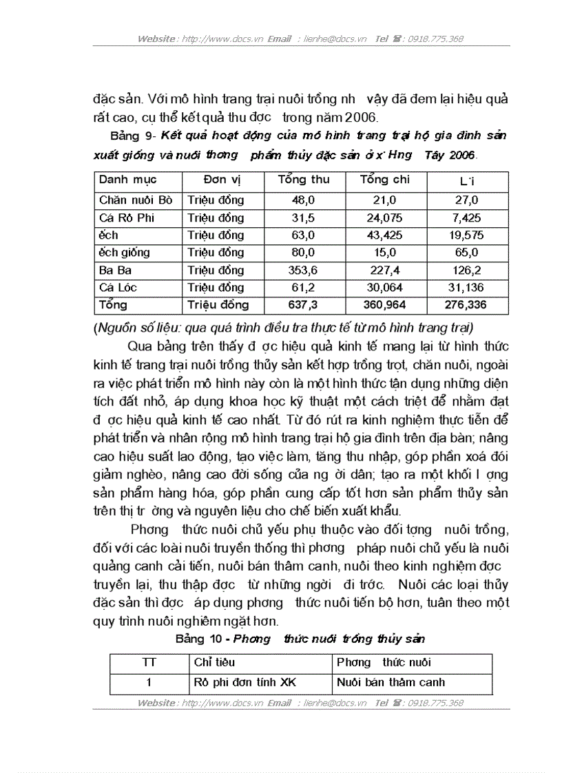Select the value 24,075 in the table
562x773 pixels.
pos(385,218)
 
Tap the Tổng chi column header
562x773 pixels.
pos(385,180)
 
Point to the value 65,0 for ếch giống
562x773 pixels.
pos(468,253)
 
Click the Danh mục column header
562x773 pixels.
pos(128,180)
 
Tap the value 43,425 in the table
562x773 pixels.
pos(385,235)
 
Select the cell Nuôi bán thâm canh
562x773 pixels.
pos(391,683)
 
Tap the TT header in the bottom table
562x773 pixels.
pos(149,663)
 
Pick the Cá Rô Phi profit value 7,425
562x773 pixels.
pos(468,218)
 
